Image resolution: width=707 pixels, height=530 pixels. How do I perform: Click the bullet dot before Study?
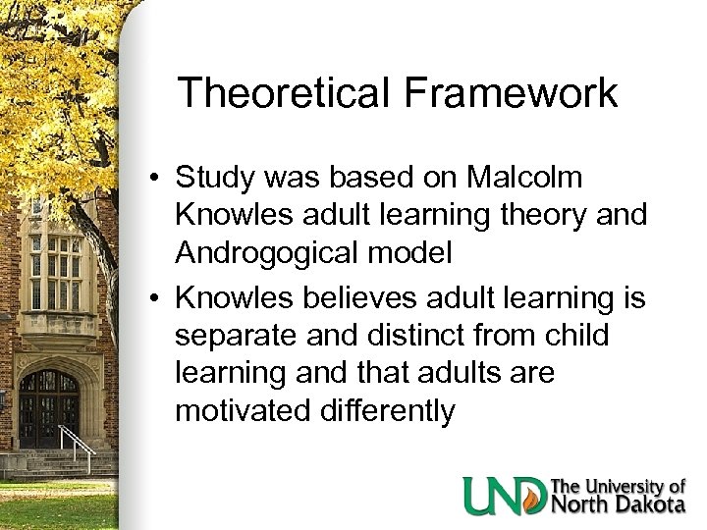click(x=157, y=180)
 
